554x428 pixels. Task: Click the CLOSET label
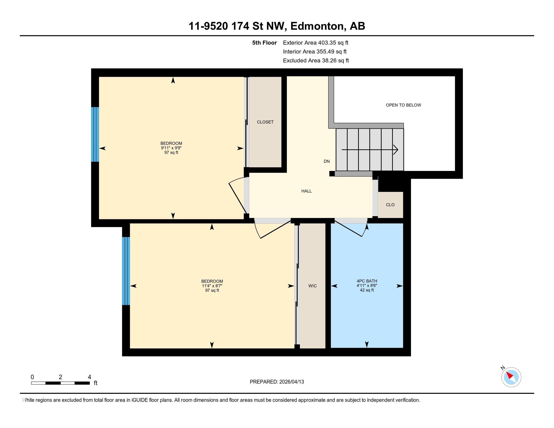[265, 122]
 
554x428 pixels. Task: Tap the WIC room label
[312, 286]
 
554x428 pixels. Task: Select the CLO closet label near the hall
[390, 205]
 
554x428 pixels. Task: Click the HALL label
[306, 191]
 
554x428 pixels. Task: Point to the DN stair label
[326, 161]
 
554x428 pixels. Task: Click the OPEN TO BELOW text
[403, 105]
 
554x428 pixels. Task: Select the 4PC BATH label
[367, 281]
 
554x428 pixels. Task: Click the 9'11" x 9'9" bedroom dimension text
[171, 148]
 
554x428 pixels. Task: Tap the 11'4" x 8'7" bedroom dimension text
[212, 286]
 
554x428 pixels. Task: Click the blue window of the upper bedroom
[95, 134]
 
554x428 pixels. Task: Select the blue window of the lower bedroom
[126, 271]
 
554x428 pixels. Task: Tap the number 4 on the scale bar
[89, 377]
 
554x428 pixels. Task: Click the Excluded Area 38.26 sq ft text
[316, 60]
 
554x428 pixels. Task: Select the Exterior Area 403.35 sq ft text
[316, 43]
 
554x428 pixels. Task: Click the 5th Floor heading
[264, 43]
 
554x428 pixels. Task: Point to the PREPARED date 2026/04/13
[291, 382]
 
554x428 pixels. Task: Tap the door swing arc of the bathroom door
[364, 231]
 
